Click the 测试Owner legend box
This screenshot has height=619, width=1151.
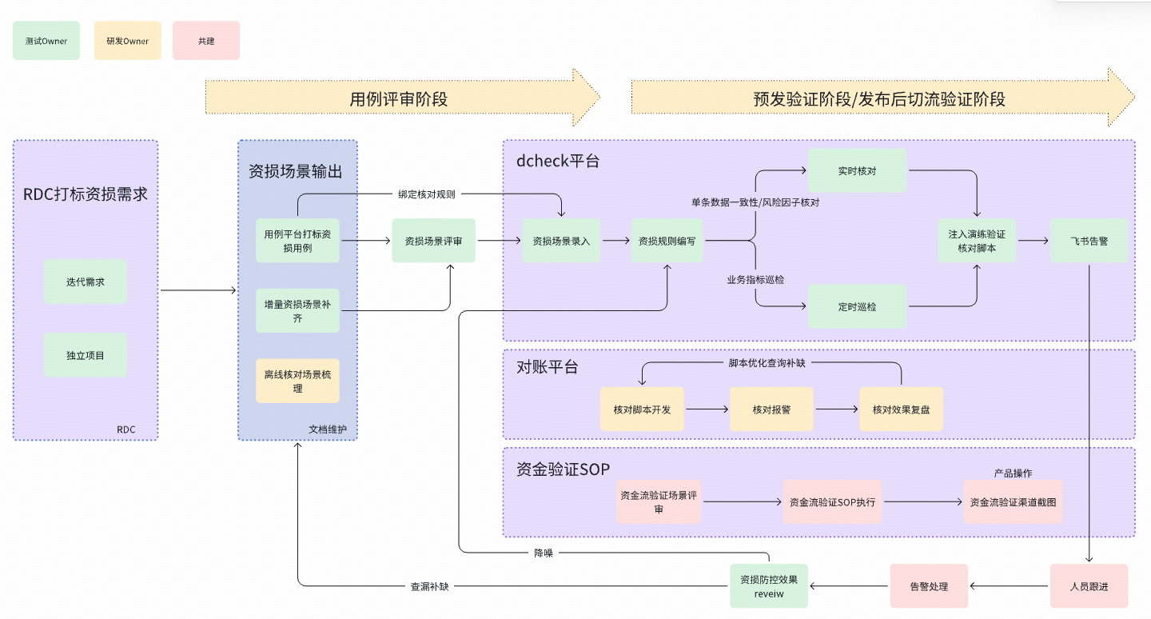tap(46, 41)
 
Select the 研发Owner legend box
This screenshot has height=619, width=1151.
tap(126, 41)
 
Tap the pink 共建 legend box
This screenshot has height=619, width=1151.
tap(206, 41)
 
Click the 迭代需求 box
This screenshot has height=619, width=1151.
tap(86, 282)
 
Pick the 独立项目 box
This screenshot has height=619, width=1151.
tap(86, 355)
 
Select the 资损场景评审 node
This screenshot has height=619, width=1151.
tap(433, 241)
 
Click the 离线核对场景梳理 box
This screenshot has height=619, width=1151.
tap(297, 381)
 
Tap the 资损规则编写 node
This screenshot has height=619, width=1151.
tap(667, 241)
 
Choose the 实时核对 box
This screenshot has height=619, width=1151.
tap(857, 170)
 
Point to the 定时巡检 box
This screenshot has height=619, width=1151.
tap(857, 306)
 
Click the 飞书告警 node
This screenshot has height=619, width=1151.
tap(1089, 241)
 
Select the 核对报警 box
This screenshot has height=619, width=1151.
tap(771, 409)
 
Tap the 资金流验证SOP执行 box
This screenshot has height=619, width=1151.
tap(832, 502)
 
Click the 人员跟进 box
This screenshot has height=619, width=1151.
tap(1089, 586)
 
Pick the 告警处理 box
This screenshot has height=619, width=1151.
tap(929, 586)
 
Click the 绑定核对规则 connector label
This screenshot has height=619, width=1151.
tap(427, 194)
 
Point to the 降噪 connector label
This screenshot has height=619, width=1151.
tap(544, 553)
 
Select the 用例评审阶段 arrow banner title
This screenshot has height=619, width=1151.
tap(399, 99)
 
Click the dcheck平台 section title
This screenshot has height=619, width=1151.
tap(558, 161)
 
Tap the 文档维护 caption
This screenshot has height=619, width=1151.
tap(328, 429)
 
